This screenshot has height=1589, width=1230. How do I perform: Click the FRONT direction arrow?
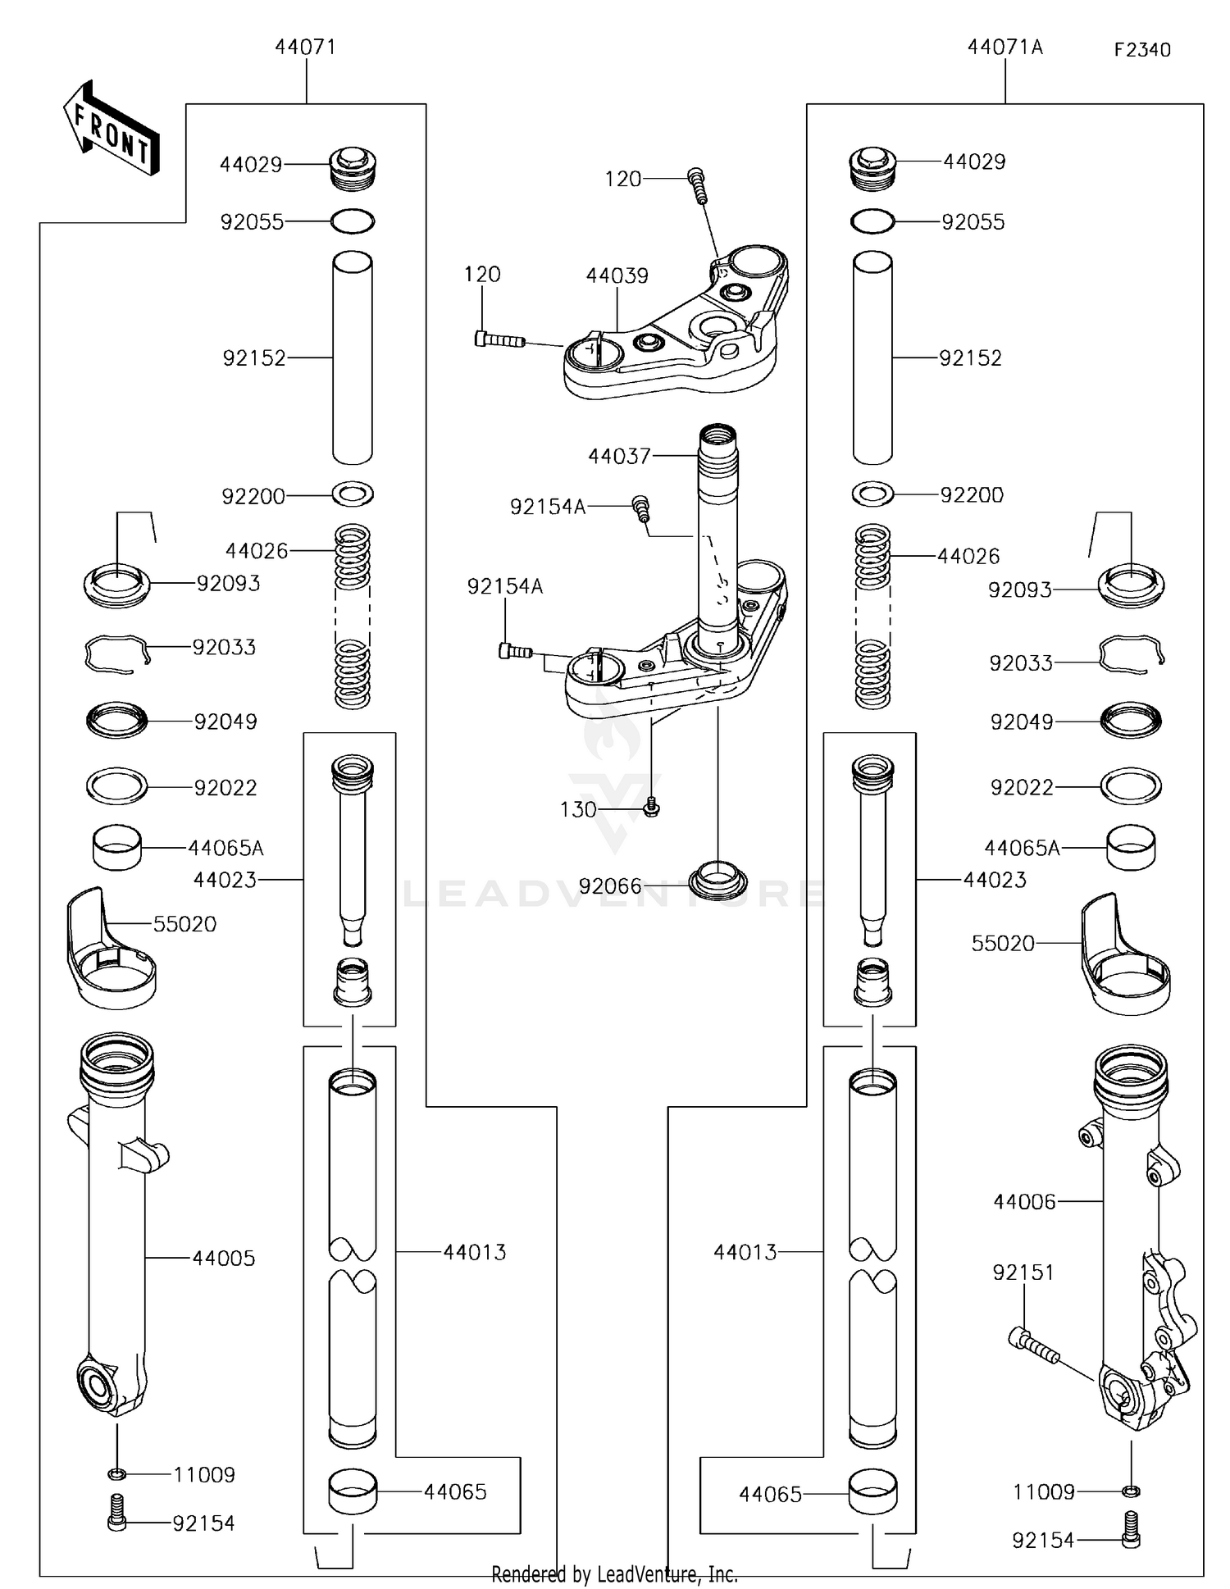coord(112,130)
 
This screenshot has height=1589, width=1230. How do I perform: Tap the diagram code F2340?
coord(1141,50)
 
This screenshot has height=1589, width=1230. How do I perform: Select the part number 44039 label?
coord(617,275)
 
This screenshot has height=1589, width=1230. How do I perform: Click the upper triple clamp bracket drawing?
coord(676,328)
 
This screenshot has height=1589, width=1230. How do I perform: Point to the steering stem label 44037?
coord(619,456)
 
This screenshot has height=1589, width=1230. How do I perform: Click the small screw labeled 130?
coord(652,808)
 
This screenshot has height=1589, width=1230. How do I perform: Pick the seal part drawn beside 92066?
coord(717,881)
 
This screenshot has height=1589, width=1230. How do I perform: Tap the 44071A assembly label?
coord(1004,48)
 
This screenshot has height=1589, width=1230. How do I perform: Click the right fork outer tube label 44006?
coord(1024,1202)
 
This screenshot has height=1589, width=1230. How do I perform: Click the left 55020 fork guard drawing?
coord(110,951)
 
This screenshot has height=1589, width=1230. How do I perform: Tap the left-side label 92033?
coord(224,648)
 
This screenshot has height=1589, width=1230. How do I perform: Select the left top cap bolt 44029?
coord(353,167)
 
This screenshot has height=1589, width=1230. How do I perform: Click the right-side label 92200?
coord(972,495)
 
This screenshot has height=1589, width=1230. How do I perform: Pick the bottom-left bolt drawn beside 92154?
coord(116,1523)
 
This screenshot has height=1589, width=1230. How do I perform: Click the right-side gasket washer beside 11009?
coord(1131,1491)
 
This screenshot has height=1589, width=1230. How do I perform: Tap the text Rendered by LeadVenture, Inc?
coord(614,1574)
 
